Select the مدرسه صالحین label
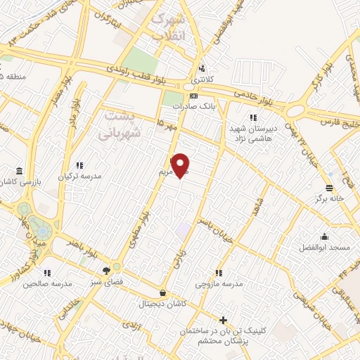tap(47, 283)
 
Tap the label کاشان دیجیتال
tap(163, 304)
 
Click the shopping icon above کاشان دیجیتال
tap(163, 292)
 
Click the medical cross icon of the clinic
tap(223, 320)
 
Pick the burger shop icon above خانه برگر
tap(329, 186)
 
